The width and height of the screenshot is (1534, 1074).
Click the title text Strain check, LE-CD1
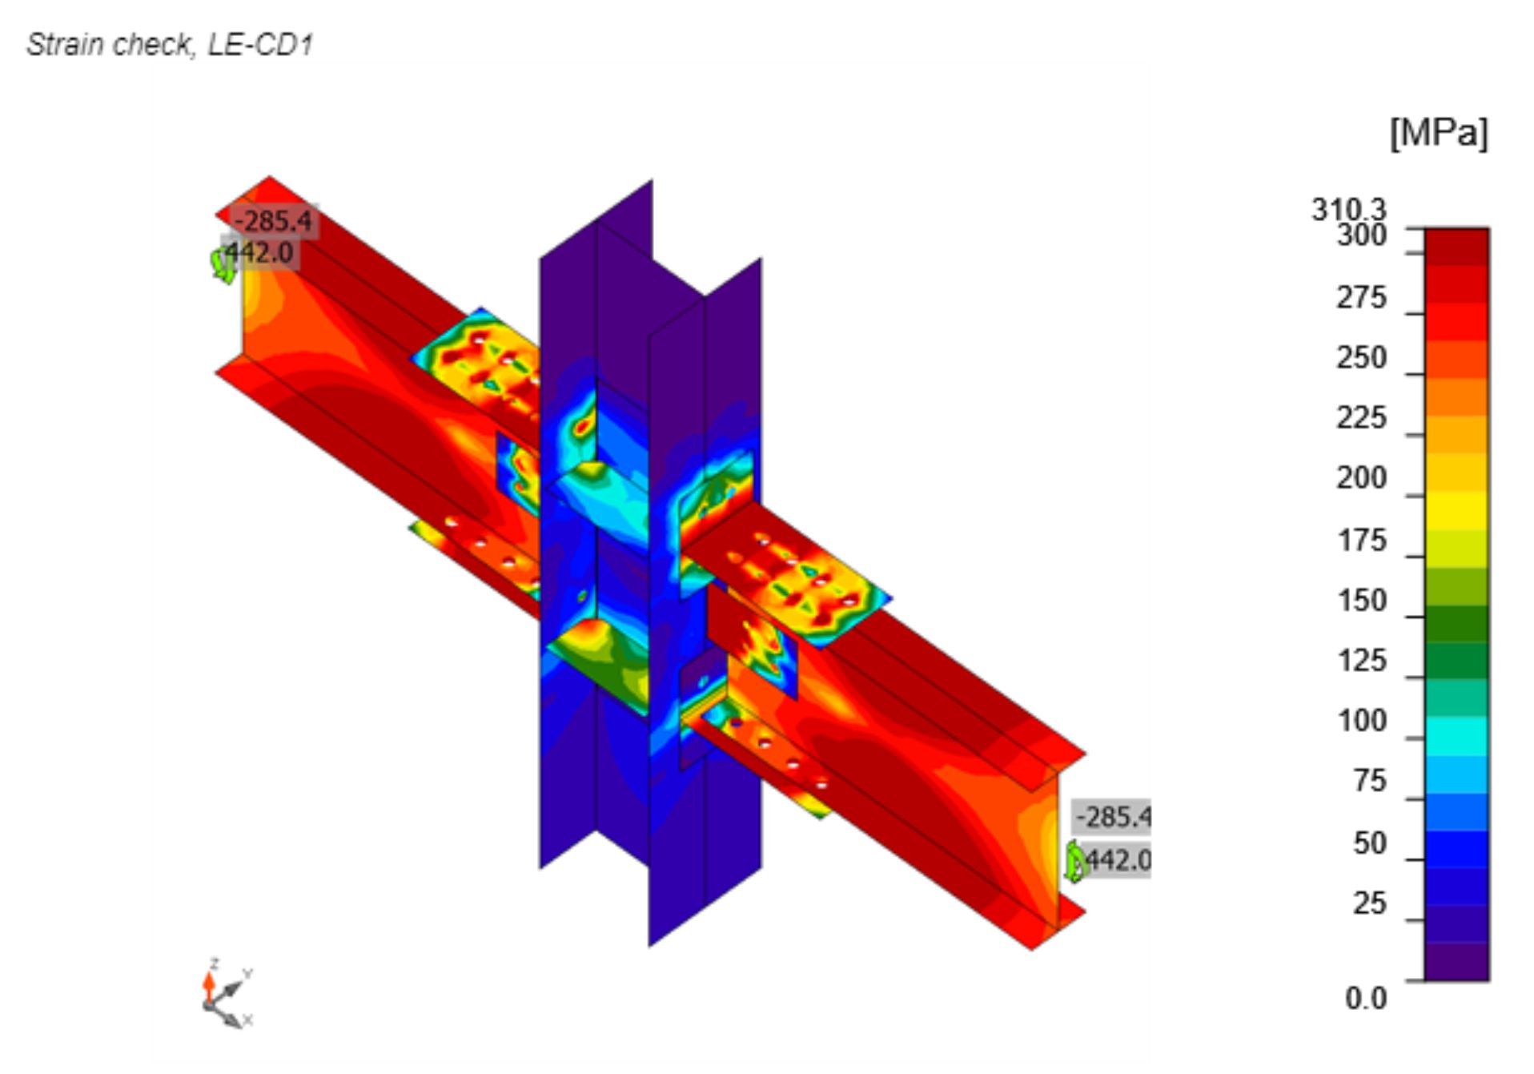[170, 45]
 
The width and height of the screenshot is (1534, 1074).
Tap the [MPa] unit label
[1439, 133]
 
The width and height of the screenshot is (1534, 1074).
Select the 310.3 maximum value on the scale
[1348, 210]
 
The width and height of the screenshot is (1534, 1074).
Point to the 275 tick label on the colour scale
[1361, 298]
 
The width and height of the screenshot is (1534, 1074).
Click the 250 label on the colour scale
[1361, 358]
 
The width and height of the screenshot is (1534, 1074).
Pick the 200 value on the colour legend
[1361, 478]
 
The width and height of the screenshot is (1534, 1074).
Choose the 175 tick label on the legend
[1362, 541]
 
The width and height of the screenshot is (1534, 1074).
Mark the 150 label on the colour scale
[1362, 601]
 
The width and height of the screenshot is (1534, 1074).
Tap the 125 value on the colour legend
[1362, 661]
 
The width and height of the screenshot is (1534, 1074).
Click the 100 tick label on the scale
[1362, 721]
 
